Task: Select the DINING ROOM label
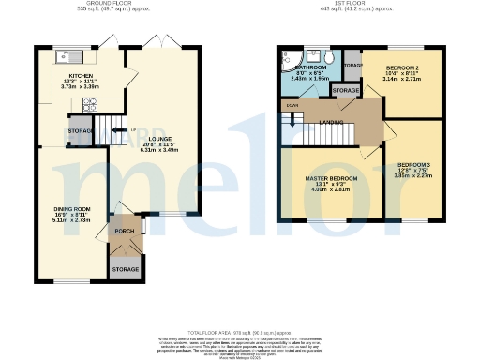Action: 70,207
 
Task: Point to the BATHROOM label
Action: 310,68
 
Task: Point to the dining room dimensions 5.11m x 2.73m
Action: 70,219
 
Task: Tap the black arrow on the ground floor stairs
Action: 117,129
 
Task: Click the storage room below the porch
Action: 125,269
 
